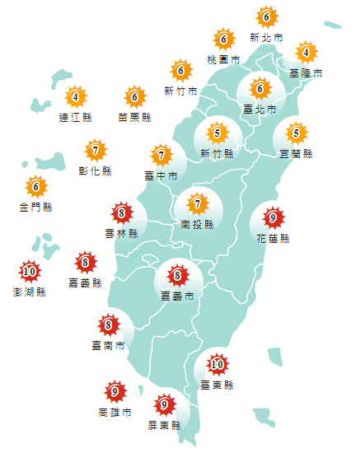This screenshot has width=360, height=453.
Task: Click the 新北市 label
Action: click(266, 38)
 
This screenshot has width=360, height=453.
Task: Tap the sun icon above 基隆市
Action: click(306, 54)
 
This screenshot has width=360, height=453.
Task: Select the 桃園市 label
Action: click(223, 61)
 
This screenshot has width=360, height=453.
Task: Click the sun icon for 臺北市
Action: click(260, 88)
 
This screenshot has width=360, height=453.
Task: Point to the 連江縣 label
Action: click(75, 118)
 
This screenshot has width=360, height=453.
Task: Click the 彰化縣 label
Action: click(96, 170)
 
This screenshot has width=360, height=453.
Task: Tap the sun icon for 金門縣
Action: click(35, 186)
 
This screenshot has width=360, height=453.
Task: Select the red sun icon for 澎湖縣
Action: click(30, 270)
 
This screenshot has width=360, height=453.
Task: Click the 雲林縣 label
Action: click(121, 234)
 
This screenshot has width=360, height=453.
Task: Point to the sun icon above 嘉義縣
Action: click(85, 264)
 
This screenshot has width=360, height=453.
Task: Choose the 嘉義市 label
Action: click(177, 295)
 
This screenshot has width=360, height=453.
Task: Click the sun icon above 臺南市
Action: click(108, 325)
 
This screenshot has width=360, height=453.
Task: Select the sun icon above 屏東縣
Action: click(165, 404)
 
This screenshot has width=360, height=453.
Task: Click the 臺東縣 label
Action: click(217, 385)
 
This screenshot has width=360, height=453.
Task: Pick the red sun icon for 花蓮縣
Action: click(273, 218)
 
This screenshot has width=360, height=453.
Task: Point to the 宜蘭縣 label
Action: click(296, 153)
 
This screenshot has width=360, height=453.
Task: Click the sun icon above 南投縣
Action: click(197, 203)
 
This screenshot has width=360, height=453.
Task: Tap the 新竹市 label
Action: click(180, 90)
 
